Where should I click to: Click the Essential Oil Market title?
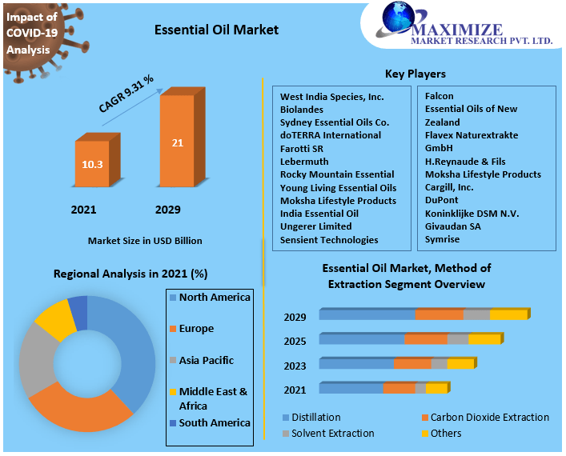point(216,30)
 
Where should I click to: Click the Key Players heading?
point(415,74)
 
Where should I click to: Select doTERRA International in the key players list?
point(330,135)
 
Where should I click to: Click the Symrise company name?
point(444,239)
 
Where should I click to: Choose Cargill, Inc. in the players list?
point(449,187)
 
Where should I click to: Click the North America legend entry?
point(215,298)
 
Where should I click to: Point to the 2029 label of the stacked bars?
point(295,318)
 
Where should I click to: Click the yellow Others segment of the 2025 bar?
point(484,339)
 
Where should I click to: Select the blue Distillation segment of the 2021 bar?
point(351,389)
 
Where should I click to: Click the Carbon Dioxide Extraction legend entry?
point(489,418)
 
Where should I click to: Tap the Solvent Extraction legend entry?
point(332,434)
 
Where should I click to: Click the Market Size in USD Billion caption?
point(145,240)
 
